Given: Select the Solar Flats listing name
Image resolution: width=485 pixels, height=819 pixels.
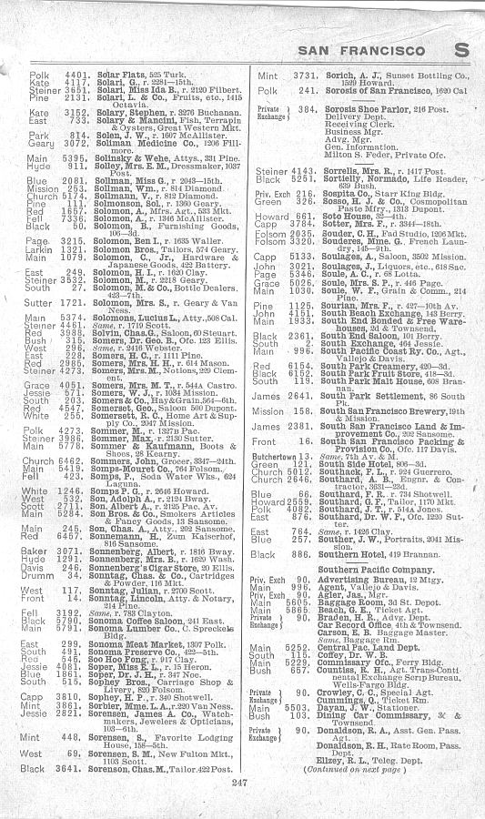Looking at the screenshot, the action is (118, 71).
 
